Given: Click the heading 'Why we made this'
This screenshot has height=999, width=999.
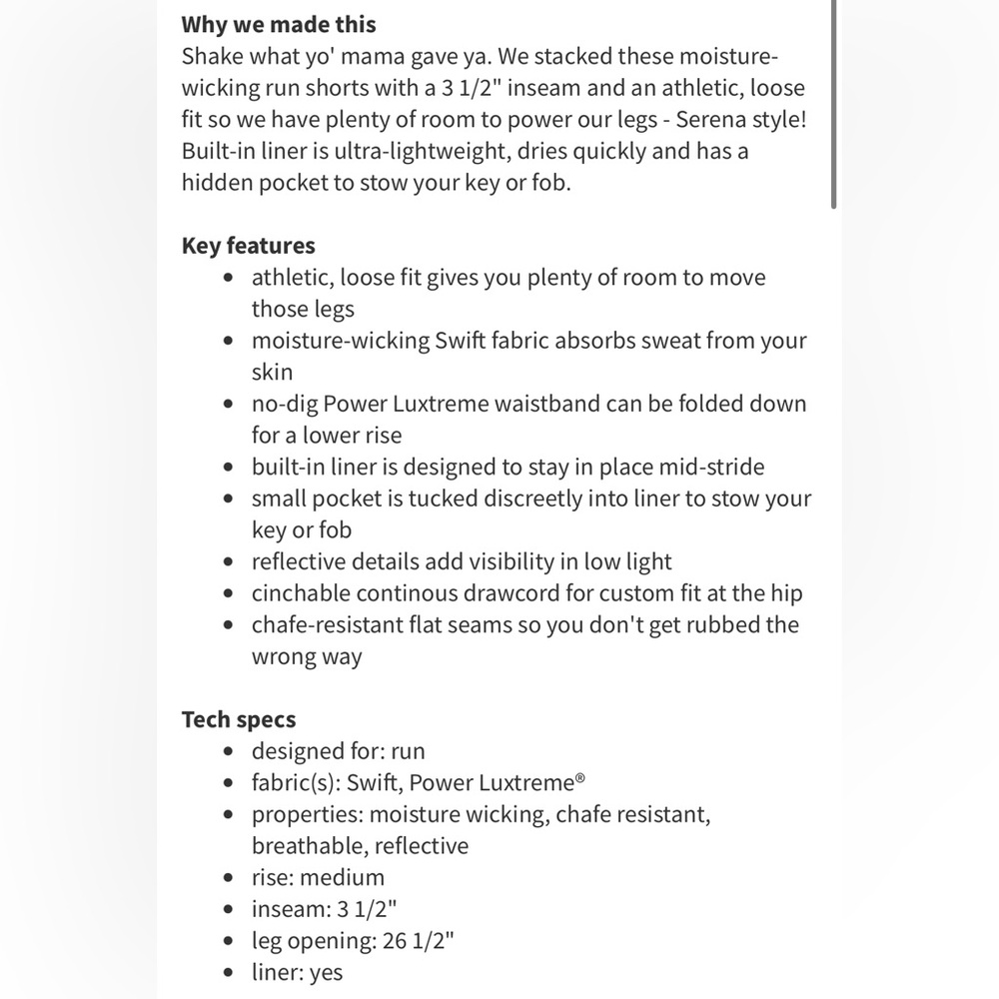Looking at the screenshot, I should [x=279, y=24].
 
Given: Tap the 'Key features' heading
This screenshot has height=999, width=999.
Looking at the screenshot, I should [x=248, y=246].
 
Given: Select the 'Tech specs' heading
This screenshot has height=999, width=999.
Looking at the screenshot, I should [x=239, y=719].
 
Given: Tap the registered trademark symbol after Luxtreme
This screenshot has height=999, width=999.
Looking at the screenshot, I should [x=580, y=779].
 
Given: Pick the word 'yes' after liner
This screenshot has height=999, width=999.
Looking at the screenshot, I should [x=326, y=973].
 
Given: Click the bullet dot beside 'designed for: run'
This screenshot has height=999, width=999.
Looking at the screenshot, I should [x=231, y=752].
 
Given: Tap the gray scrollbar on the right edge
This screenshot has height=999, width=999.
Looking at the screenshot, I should [x=833, y=100].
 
